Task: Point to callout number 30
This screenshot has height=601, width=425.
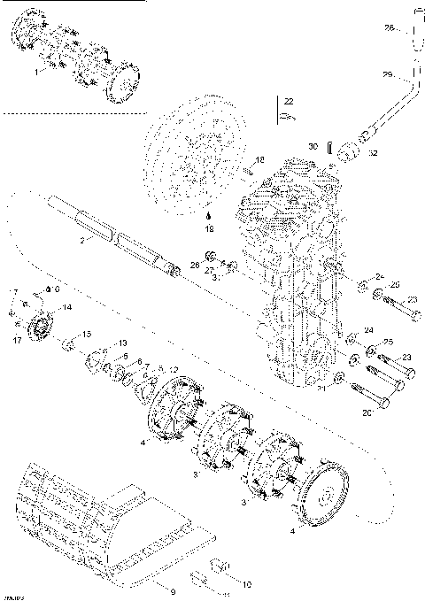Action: pos(312,146)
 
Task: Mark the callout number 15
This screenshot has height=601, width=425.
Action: pos(87,334)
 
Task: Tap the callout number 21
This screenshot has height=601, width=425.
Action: pos(323,387)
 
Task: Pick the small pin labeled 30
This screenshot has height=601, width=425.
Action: pos(327,144)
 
